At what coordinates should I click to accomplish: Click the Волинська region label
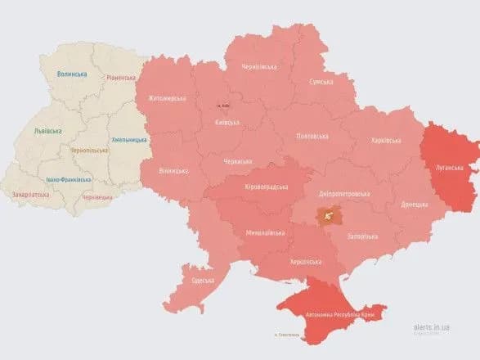[x=73, y=74]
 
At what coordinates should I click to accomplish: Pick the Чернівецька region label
[x=98, y=197]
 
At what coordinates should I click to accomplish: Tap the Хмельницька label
[x=129, y=140]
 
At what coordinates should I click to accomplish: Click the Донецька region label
[x=415, y=203]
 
